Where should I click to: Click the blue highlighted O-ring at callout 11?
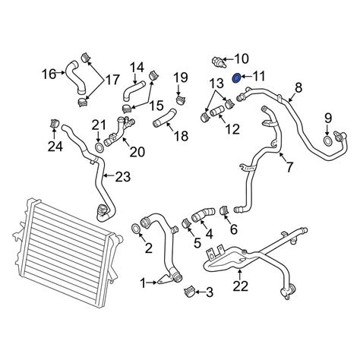coord(236,78)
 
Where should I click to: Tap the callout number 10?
coord(242,58)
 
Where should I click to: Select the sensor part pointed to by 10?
coord(219,62)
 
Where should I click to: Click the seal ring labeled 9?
coord(327,141)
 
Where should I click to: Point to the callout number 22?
coord(241,286)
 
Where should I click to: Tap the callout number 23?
coord(123,177)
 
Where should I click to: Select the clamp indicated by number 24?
coord(53,123)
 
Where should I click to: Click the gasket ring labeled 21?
coord(99,147)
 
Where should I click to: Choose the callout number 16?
coord(49,74)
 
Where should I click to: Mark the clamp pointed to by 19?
coord(180,99)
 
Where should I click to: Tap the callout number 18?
coord(182,136)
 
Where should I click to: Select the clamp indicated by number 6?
coord(223,210)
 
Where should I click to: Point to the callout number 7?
coord(289,166)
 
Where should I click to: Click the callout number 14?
coord(137,68)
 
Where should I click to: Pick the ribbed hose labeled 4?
coord(204,215)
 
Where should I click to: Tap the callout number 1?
coord(143,283)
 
